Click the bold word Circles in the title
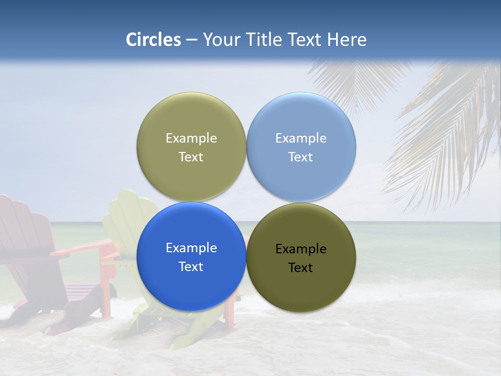153,40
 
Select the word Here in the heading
347,40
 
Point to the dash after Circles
191,40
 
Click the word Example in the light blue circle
301,138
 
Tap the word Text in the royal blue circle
191,266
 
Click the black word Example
301,249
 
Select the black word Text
300,268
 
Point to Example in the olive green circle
191,138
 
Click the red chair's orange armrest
83,248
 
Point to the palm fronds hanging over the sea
444,131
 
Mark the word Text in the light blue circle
300,157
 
